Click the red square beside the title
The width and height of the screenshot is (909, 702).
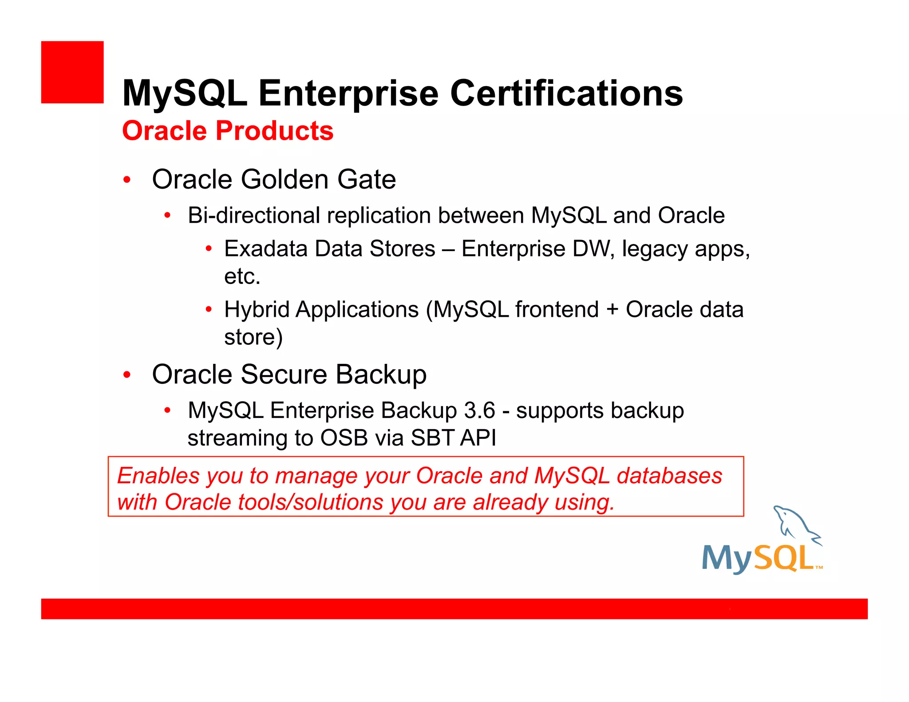pos(72,72)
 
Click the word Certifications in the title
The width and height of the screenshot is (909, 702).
pos(566,93)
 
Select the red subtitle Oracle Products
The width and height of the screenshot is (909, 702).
pos(228,131)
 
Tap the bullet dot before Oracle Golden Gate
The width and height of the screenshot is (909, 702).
pos(127,180)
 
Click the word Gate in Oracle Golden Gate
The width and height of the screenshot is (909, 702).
pos(366,179)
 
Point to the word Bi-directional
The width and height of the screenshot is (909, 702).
pos(254,216)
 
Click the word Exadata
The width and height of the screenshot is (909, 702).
pos(265,248)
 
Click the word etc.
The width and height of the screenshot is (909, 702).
pos(242,276)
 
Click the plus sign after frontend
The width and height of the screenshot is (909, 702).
pos(612,309)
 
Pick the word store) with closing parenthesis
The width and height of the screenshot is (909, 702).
pos(253,337)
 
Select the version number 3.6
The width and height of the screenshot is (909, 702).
pos(479,410)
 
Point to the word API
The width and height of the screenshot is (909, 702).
pos(478,438)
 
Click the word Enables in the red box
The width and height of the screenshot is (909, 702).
pos(158,476)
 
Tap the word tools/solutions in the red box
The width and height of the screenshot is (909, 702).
pos(310,503)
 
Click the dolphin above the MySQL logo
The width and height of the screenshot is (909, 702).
pos(796,524)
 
